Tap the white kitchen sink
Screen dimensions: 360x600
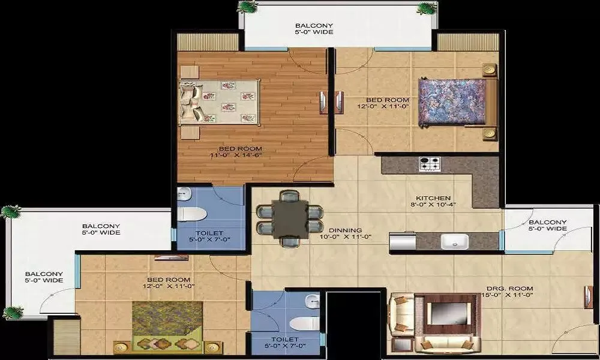[454, 241]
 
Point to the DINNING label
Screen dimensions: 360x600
[345, 230]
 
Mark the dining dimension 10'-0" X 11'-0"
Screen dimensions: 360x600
[346, 238]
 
